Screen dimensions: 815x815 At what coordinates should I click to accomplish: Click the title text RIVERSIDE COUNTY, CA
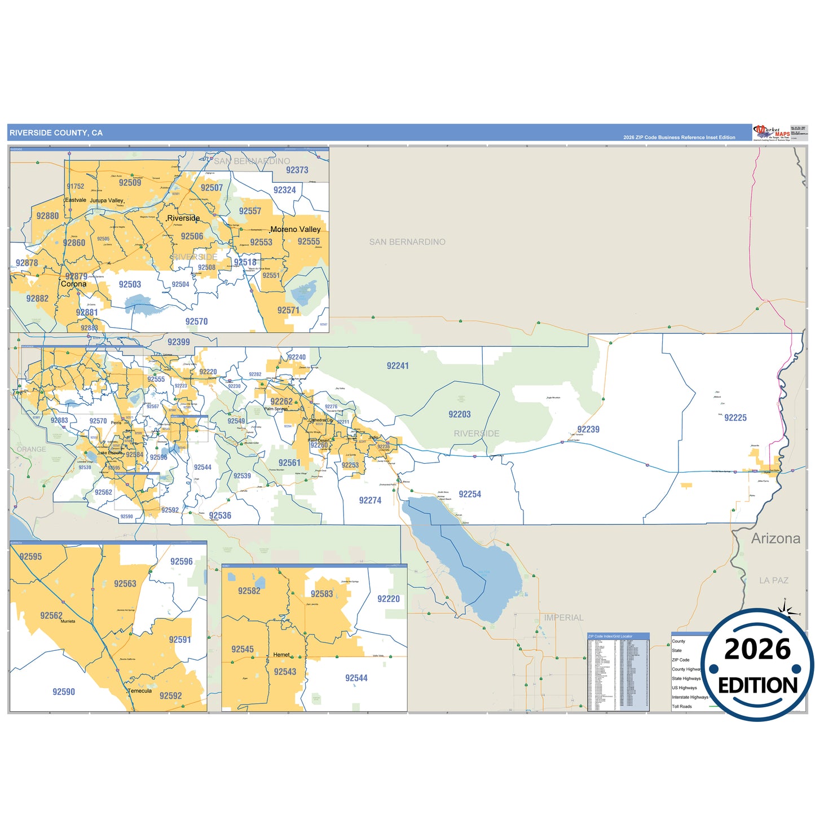coord(56,133)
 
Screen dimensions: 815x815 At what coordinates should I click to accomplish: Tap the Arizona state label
coord(776,539)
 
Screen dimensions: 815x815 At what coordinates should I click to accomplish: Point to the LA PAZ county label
coord(773,580)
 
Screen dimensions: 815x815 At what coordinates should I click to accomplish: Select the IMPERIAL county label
coord(563,618)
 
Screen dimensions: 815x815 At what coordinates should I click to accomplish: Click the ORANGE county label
coord(32,450)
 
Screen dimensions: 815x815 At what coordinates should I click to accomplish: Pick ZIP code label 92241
coord(398,366)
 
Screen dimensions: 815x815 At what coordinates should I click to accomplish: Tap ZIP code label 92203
coord(460,415)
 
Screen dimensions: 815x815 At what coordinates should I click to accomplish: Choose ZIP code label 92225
coord(735,418)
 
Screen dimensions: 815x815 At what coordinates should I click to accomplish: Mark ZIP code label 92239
coord(588,430)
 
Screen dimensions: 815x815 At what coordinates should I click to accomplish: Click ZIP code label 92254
coord(470,495)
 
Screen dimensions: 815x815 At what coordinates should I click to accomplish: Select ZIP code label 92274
coord(370,500)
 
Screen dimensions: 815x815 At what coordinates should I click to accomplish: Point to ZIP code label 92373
coord(297,170)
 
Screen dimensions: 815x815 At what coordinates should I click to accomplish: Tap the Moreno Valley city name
coord(296,230)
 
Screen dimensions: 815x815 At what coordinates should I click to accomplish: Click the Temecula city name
coord(140,691)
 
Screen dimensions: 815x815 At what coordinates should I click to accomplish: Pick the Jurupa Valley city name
coord(107,201)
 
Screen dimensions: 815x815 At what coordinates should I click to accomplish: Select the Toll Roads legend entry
coord(681,707)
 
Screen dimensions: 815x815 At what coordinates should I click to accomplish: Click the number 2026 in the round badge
coord(757,650)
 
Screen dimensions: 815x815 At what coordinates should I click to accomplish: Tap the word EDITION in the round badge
coord(757,685)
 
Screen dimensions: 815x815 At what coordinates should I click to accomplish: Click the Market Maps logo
coord(772,133)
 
